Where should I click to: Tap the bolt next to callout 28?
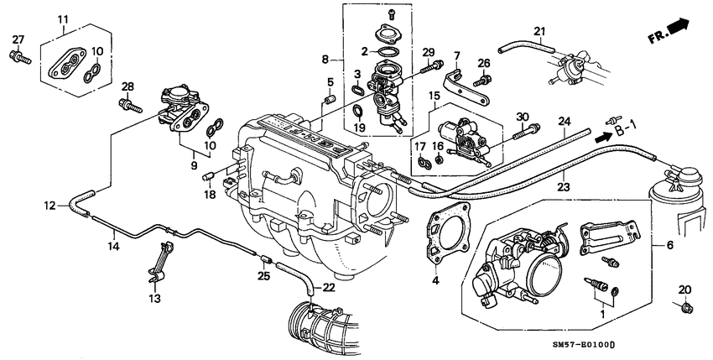coord(128,106)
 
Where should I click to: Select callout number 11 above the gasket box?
coord(64,18)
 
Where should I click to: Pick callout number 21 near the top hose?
coord(541,34)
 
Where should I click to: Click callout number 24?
coord(565,122)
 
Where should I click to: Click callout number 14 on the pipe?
coord(114,247)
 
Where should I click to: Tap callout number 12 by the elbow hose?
coord(49,204)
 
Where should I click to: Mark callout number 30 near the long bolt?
coord(522,117)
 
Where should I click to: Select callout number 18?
coord(208,194)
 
